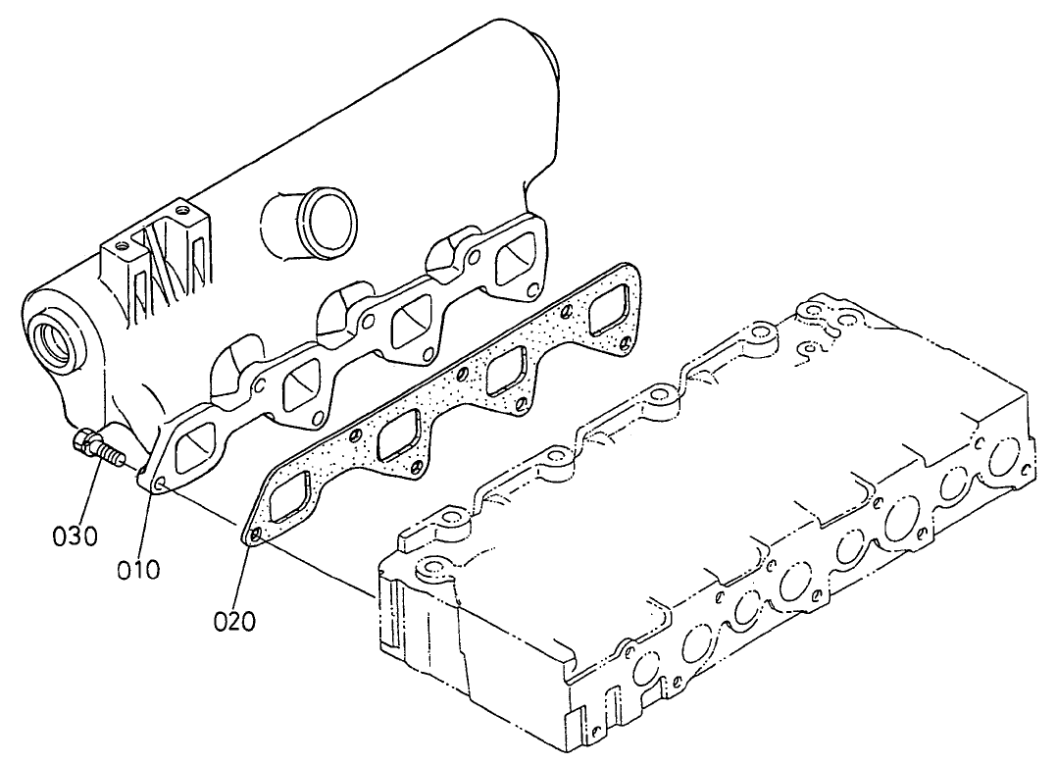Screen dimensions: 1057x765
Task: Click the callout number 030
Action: point(75,536)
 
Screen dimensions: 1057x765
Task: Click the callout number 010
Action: point(138,569)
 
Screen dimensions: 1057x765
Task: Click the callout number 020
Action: point(233,620)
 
